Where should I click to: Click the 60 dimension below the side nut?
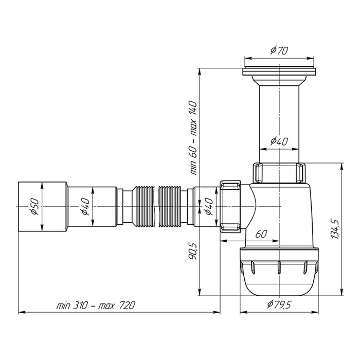click(260, 234)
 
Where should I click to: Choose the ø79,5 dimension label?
click(279, 305)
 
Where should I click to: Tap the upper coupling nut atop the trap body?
click(278, 172)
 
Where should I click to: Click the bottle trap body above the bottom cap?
click(280, 216)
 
